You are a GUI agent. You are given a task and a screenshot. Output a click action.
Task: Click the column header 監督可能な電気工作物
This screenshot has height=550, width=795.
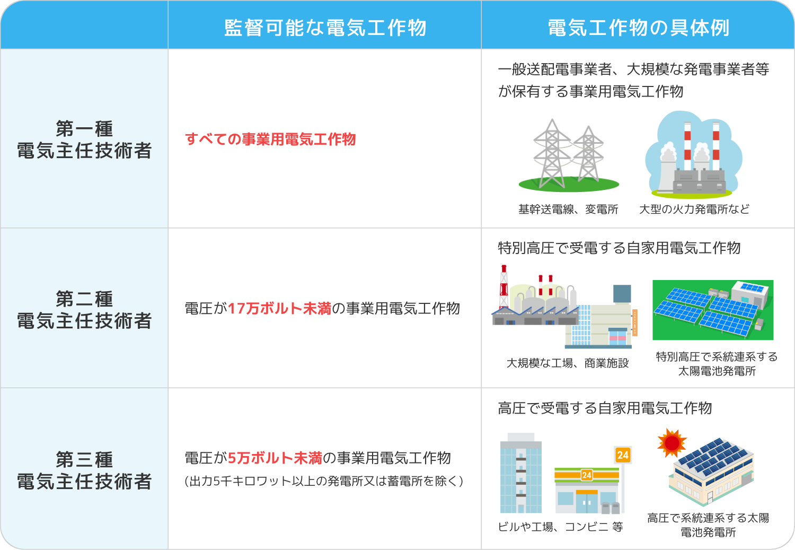(x=325, y=28)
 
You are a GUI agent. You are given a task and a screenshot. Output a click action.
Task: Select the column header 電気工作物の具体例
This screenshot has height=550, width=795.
(x=638, y=28)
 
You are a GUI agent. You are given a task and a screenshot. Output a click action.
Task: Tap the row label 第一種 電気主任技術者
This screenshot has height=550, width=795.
(x=84, y=139)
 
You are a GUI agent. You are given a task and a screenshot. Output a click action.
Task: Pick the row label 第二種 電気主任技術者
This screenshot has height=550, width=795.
(x=84, y=310)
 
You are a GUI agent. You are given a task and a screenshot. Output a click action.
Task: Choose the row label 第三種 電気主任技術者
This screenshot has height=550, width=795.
(x=84, y=470)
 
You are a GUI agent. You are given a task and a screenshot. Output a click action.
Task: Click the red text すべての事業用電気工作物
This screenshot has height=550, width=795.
(x=270, y=139)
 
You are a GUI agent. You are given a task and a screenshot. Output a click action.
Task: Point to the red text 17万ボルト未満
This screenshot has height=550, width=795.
(x=279, y=309)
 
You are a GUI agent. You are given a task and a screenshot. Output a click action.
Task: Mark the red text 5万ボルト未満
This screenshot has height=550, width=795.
(x=275, y=458)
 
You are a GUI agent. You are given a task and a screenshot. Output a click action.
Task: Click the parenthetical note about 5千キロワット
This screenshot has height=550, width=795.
(x=324, y=481)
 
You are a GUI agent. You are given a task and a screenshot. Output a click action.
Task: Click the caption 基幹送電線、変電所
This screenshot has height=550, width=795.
(x=568, y=209)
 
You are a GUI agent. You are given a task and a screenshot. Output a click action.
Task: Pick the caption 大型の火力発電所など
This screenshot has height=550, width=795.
(x=694, y=209)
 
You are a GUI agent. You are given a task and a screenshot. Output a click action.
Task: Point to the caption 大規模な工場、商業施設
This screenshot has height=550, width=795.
(x=568, y=363)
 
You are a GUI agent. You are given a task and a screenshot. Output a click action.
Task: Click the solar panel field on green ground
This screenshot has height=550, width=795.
(x=713, y=310)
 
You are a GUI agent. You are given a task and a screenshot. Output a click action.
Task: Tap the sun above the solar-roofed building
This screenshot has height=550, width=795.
(x=672, y=442)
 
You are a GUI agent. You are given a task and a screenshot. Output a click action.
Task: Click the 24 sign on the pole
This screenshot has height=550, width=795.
(x=623, y=455)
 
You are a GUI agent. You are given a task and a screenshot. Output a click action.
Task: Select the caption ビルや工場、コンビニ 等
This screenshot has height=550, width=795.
(x=560, y=527)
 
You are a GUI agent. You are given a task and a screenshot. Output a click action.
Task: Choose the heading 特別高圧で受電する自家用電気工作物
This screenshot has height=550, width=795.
(x=619, y=248)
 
